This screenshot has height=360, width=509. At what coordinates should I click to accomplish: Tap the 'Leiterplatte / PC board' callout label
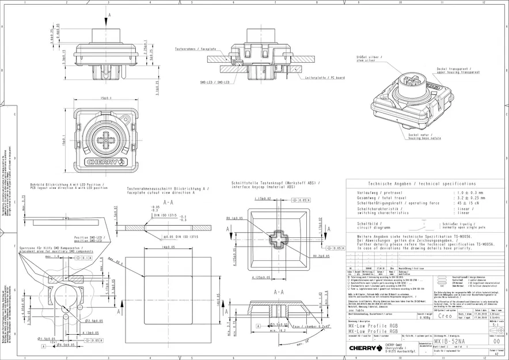click(325, 77)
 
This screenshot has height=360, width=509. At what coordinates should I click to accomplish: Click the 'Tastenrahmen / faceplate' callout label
click(196, 50)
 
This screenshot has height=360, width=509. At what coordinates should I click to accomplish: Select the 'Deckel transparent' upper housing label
click(458, 70)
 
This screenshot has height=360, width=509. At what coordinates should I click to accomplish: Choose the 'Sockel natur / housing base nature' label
click(424, 137)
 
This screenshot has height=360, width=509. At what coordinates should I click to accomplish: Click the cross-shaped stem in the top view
click(105, 139)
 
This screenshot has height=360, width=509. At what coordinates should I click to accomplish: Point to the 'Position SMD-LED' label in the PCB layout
click(89, 238)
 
